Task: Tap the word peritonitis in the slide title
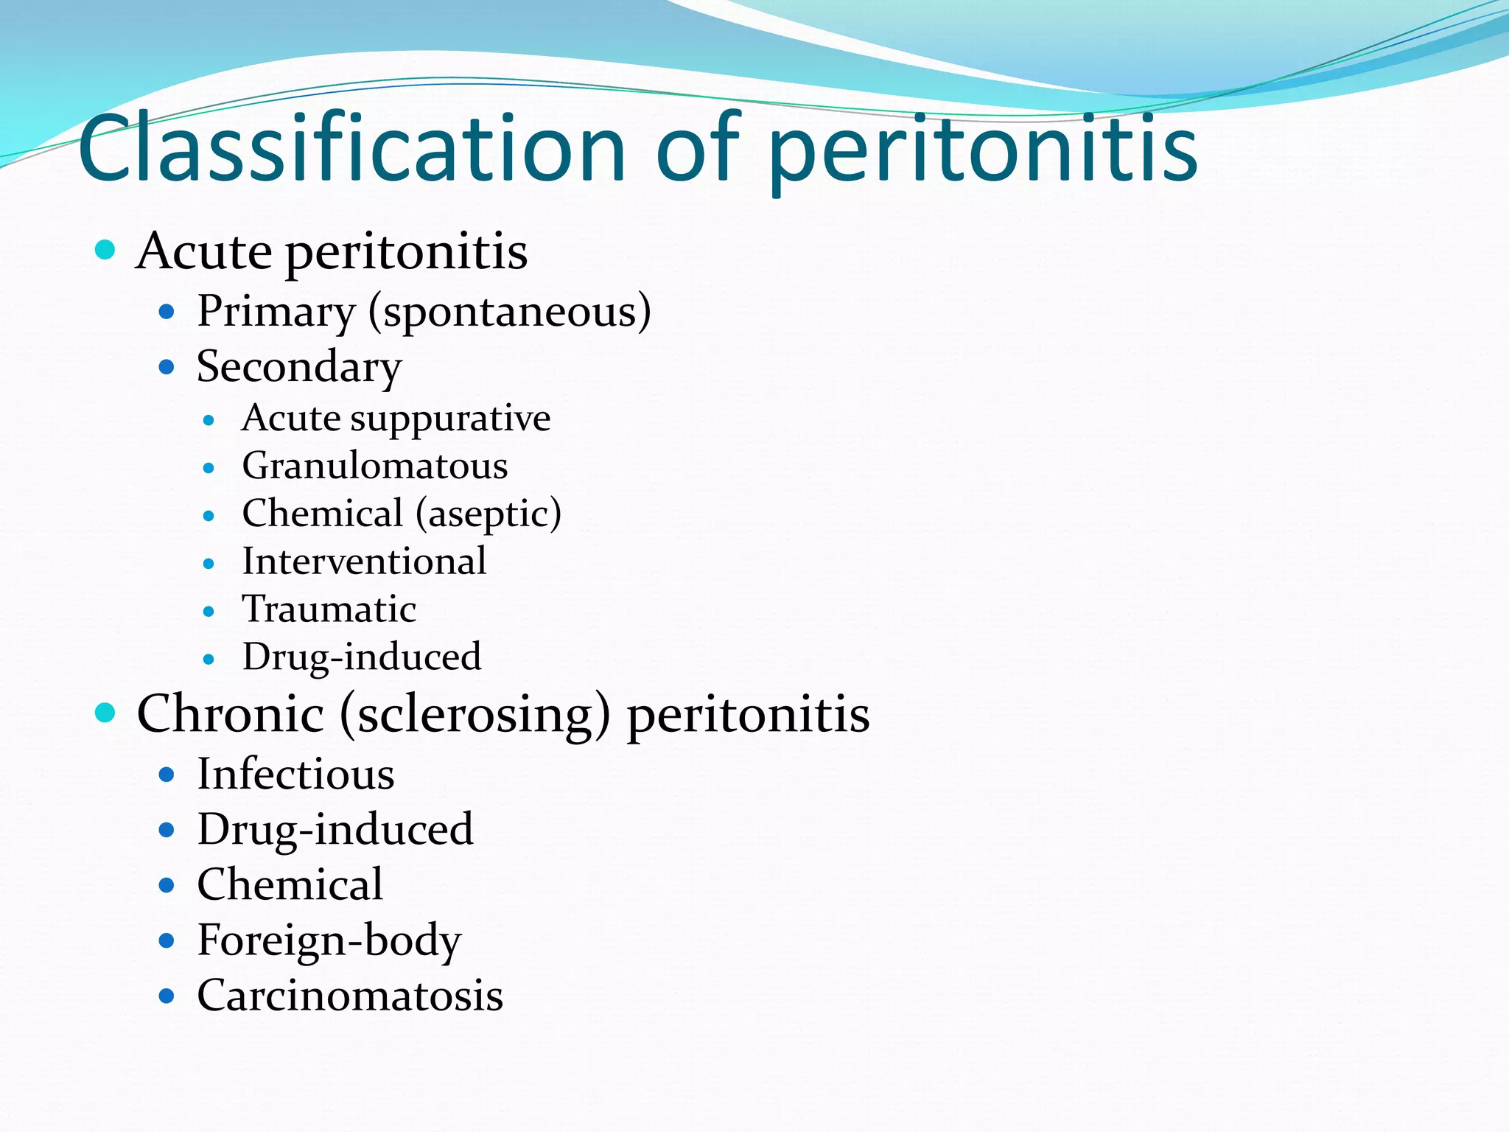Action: coord(983,151)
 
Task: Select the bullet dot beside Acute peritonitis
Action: coord(106,250)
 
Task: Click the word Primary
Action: coord(276,312)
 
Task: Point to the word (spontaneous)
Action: coord(510,312)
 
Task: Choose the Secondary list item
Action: coord(299,367)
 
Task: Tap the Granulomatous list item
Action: coord(375,467)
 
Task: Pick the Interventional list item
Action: coord(364,562)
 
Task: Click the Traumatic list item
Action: coord(329,609)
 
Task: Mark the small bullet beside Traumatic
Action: coord(209,612)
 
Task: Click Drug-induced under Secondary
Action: coord(362,657)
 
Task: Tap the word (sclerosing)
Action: coord(475,714)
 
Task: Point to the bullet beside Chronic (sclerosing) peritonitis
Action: coord(106,713)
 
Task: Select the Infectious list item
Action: coord(295,775)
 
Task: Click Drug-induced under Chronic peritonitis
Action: coord(335,830)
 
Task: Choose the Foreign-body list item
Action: coord(329,941)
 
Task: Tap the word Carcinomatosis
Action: coord(350,996)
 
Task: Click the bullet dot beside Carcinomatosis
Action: coord(167,996)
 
